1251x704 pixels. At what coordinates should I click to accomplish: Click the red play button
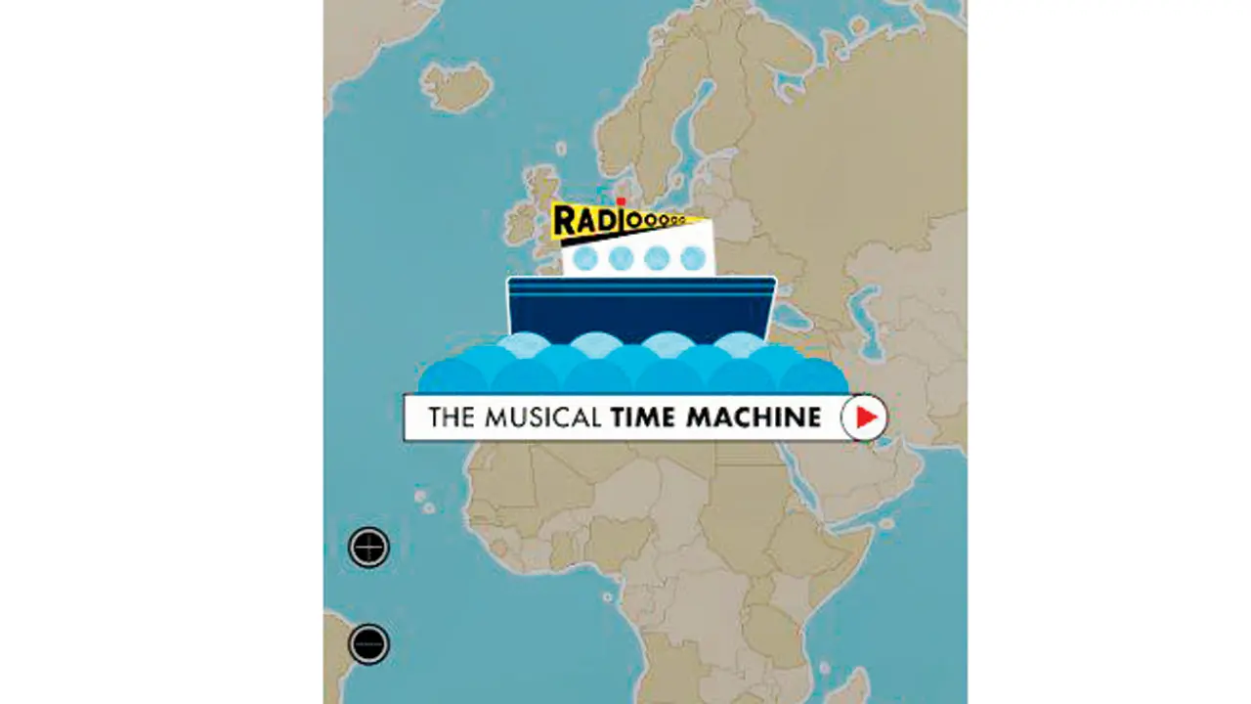tap(865, 418)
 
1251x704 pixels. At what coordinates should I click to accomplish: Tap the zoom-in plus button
tap(368, 548)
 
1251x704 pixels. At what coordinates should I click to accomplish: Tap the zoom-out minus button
tap(368, 643)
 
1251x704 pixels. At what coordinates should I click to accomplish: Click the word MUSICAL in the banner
tap(541, 418)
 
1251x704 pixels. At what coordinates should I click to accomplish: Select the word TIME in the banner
tap(644, 418)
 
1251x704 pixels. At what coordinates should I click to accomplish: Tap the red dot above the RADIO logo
tap(621, 202)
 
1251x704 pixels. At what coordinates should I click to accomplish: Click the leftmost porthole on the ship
tap(584, 259)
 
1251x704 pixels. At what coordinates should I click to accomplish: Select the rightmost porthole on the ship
tap(693, 259)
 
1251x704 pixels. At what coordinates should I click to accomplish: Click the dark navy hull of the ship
tap(641, 311)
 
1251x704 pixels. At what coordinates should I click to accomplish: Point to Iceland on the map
tap(456, 86)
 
